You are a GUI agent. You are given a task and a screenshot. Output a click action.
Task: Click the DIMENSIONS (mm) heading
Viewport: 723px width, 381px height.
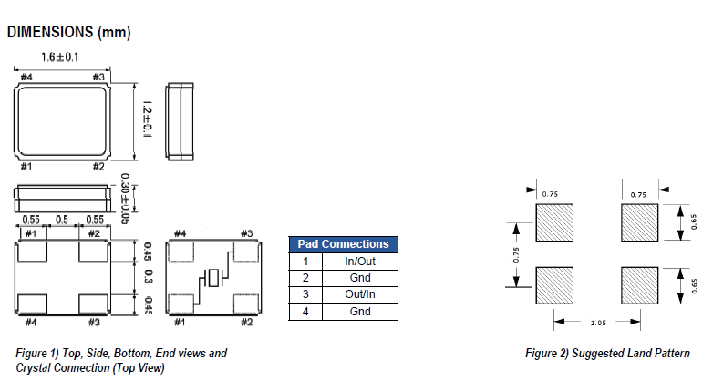point(69,33)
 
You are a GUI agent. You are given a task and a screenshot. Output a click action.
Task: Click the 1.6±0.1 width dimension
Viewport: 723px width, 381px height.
point(59,58)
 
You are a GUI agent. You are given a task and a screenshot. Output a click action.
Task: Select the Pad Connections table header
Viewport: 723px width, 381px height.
point(343,244)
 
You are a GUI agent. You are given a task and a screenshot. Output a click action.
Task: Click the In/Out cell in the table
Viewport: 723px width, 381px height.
point(359,261)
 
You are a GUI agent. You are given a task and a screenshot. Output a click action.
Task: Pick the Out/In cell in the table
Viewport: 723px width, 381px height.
point(359,294)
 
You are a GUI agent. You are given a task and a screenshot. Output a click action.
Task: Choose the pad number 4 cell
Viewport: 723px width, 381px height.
point(305,312)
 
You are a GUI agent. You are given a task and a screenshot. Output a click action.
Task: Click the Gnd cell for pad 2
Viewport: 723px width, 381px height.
point(359,278)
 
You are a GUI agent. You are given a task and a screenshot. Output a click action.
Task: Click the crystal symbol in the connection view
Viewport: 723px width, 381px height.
point(212,277)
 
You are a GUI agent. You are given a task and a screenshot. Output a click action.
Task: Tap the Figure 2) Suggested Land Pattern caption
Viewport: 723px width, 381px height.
point(607,353)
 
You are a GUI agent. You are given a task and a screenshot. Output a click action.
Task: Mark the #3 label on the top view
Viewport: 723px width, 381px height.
point(98,77)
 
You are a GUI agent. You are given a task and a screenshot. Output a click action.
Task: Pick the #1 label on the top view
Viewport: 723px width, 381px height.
point(28,167)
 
